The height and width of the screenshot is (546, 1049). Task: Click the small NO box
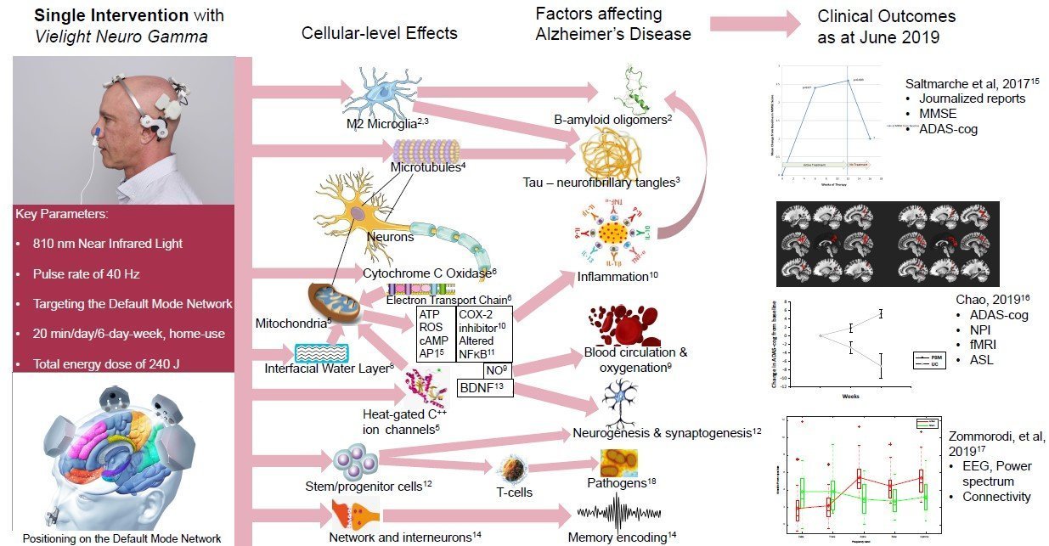coord(495,369)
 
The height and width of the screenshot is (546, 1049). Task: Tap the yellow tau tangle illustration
coord(611,154)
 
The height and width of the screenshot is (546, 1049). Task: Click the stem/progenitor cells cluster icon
coord(354,463)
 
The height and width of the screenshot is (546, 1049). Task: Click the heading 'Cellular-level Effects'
coord(379,33)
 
